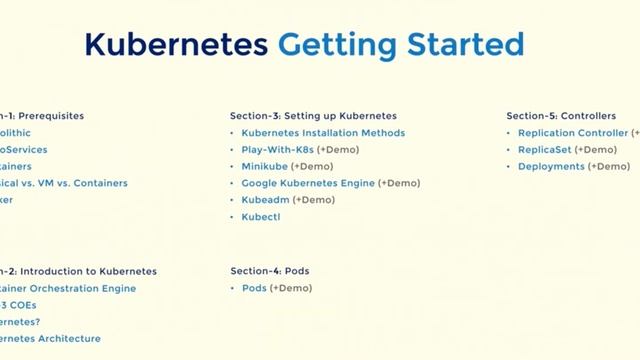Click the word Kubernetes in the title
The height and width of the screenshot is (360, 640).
176,44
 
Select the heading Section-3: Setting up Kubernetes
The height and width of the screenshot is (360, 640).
313,116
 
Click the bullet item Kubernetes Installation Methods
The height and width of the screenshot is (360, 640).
323,133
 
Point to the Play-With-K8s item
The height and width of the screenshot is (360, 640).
277,150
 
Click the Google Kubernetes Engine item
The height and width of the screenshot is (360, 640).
308,183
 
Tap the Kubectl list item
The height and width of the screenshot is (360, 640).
262,216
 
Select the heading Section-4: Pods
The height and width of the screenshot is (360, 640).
270,271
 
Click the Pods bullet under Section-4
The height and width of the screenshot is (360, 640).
254,288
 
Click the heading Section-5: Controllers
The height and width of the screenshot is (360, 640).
561,116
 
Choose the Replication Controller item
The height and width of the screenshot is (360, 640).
573,133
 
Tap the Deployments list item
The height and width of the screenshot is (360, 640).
551,166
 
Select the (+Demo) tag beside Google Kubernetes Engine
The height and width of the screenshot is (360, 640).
400,183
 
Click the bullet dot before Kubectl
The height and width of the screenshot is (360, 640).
233,216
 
